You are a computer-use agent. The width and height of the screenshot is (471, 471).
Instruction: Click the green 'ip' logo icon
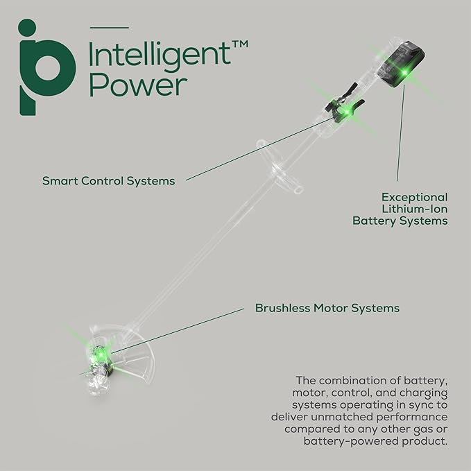point(46,67)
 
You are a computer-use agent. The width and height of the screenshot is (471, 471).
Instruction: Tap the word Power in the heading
point(138,85)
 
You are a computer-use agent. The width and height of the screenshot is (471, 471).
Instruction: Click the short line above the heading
point(110,27)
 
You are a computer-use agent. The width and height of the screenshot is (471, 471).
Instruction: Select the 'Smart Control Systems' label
point(108,181)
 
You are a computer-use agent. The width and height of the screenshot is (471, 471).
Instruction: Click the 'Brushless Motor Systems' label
point(327,307)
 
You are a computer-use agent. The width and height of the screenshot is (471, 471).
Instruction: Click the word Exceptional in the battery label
point(414,197)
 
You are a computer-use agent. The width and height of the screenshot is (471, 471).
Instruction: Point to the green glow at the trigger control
point(343,111)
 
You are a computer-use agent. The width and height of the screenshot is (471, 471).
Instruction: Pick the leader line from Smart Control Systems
point(257,148)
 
